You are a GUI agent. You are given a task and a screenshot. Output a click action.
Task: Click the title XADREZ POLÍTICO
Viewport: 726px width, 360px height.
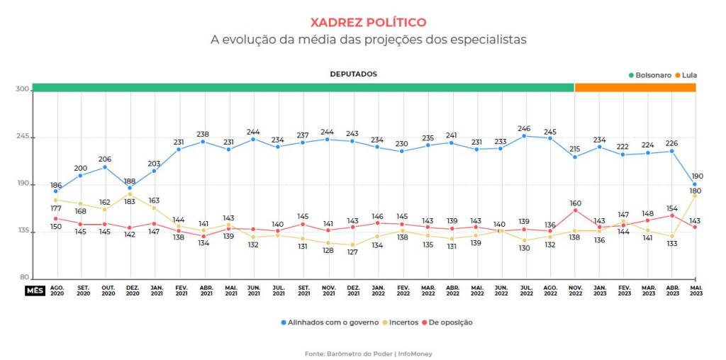click(368, 22)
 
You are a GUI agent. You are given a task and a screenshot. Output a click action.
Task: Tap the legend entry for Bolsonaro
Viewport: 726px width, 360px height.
click(650, 75)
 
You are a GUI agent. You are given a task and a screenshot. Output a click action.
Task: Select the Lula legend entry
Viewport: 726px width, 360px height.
click(686, 75)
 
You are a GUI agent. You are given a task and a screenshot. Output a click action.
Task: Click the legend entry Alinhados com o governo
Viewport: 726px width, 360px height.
click(330, 322)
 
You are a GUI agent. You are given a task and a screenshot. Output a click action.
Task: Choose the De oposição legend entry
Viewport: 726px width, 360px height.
click(448, 322)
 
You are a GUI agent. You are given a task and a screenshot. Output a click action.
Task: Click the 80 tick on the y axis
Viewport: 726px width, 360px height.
click(24, 278)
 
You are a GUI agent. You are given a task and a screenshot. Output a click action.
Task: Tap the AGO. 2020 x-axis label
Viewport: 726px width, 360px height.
click(57, 290)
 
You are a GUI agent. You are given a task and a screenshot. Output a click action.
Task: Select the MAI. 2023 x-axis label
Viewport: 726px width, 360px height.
click(696, 290)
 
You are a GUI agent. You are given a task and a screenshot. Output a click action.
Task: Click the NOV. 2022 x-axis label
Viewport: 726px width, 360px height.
click(574, 290)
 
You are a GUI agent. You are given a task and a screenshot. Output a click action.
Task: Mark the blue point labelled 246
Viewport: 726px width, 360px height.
click(525, 136)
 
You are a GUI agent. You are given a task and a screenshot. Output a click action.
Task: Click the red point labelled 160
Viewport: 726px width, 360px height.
click(575, 210)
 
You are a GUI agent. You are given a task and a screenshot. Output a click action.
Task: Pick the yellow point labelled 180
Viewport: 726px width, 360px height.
click(695, 196)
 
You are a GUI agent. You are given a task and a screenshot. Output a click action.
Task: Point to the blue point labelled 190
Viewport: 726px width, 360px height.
click(695, 184)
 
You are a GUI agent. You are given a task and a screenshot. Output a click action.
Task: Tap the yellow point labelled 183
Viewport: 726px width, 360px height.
click(130, 194)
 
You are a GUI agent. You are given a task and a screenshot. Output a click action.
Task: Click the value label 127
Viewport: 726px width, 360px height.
click(352, 253)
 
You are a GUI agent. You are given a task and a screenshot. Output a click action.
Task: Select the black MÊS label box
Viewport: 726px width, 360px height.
click(35, 291)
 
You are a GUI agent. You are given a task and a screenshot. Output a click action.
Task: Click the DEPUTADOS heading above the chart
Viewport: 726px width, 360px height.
click(353, 74)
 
